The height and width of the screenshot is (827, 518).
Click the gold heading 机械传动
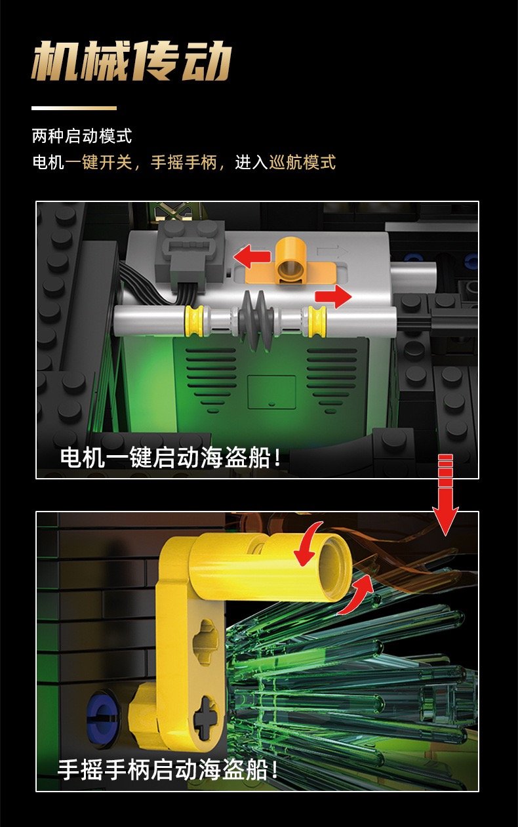131,61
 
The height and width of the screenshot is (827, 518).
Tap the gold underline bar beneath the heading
74,108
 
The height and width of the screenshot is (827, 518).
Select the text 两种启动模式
81,136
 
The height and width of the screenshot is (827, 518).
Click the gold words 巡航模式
302,162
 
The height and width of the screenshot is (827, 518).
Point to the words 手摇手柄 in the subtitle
184,162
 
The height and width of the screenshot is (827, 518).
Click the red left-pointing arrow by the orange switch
252,256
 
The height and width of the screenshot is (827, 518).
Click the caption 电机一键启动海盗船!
170,458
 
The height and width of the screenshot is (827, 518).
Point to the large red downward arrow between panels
446,494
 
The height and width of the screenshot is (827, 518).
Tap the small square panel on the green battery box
271,392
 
